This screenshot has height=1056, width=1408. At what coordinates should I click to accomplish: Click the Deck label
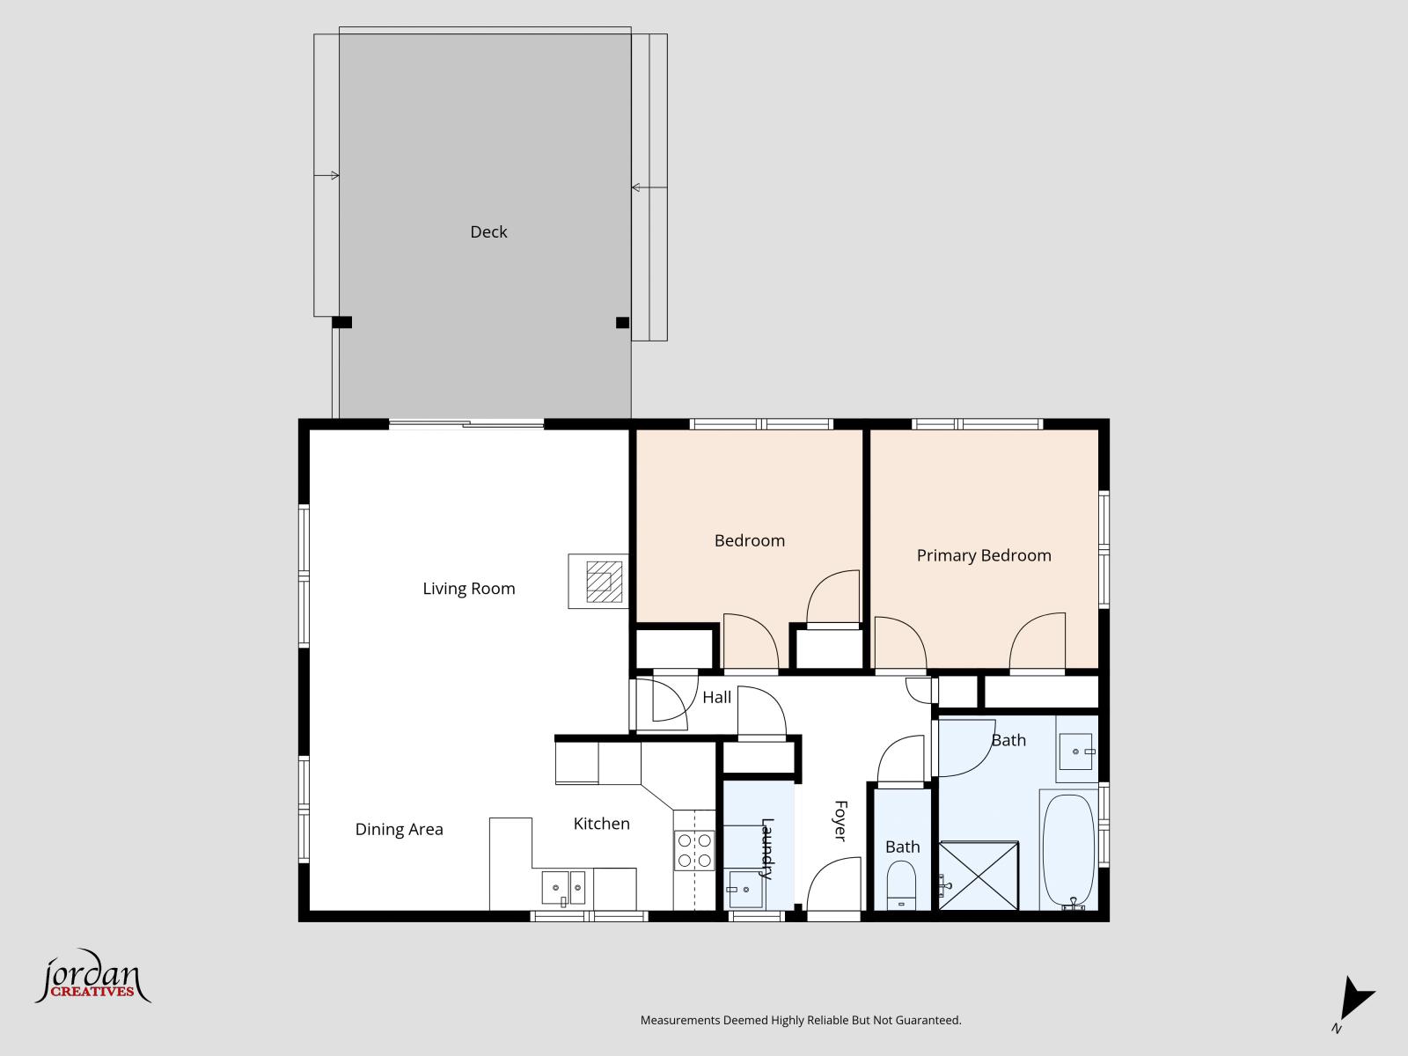pos(488,231)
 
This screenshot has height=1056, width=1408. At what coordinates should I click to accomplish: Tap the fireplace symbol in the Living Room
pos(598,581)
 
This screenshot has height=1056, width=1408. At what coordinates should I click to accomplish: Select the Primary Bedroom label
pos(984,555)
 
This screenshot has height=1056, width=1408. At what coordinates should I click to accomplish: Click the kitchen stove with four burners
pos(693,850)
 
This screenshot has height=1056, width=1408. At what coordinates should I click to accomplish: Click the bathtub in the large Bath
pos(1068,850)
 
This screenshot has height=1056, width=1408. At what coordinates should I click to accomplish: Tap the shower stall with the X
pos(979,876)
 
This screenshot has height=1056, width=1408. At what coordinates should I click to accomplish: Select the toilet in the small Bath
pos(901,884)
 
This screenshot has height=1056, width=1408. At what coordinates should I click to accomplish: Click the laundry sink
pos(744,890)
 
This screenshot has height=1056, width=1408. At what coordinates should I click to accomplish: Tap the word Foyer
pos(840,820)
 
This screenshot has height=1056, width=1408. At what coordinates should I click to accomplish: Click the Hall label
pos(716,697)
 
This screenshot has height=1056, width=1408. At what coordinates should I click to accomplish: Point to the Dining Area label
pos(399,829)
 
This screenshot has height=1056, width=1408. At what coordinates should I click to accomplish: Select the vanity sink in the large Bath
pos(1076,752)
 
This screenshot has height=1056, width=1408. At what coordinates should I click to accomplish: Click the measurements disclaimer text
pos(800,1020)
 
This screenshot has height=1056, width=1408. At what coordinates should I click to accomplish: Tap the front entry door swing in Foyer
pos(832,885)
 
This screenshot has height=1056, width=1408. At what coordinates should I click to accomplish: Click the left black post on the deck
pos(342,322)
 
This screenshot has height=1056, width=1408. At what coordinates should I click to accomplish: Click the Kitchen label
pos(601,824)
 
